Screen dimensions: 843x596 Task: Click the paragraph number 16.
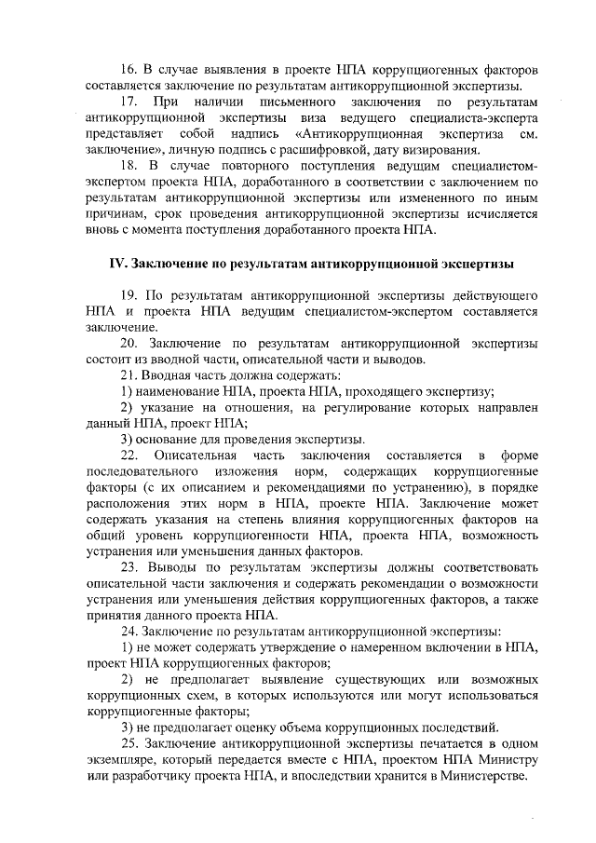(x=130, y=71)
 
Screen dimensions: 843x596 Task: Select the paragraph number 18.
(x=131, y=167)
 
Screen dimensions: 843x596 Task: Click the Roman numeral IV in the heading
(x=118, y=264)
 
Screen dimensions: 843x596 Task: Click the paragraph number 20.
(x=130, y=343)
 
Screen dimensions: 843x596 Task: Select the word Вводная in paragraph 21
(x=174, y=374)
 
